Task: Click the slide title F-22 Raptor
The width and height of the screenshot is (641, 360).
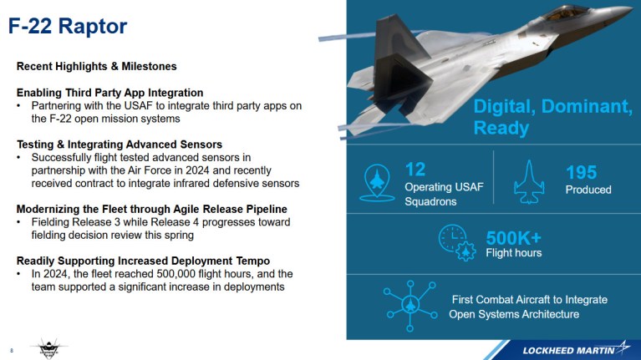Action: click(x=69, y=26)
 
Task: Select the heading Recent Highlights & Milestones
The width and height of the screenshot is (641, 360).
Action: click(x=97, y=66)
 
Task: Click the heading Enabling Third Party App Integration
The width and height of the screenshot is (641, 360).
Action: click(x=110, y=92)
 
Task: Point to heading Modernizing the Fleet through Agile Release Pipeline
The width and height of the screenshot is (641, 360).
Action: click(x=152, y=208)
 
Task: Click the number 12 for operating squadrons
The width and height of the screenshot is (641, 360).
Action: click(x=415, y=170)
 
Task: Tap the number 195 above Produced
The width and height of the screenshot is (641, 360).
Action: click(x=581, y=173)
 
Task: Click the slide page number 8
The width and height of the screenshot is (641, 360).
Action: click(x=11, y=349)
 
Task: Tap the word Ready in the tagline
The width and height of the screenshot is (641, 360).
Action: click(x=501, y=128)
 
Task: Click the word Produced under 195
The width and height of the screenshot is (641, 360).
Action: click(x=588, y=190)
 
